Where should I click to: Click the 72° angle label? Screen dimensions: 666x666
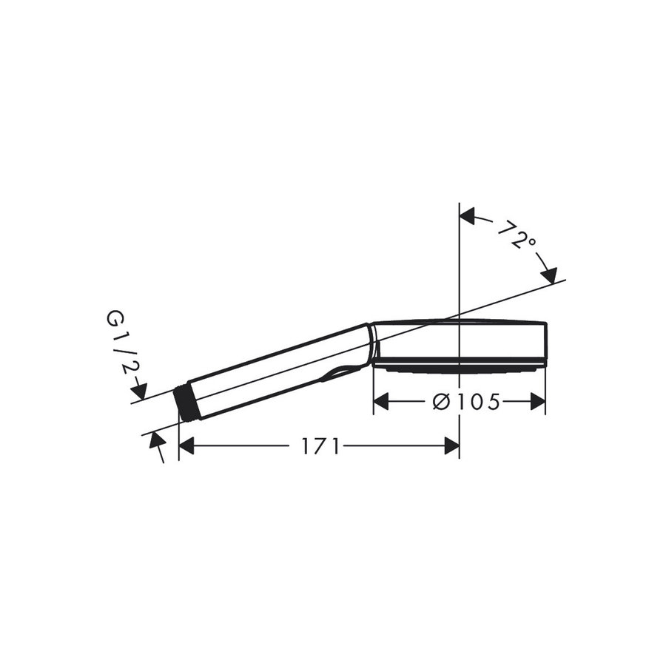click(x=516, y=236)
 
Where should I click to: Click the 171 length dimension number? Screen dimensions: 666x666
click(x=320, y=446)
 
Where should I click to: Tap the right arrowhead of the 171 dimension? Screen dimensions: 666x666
click(x=451, y=445)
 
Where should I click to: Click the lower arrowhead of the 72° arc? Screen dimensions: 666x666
click(x=548, y=275)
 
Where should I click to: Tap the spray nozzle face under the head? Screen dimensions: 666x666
click(x=459, y=366)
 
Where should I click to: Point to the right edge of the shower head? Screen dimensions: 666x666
click(x=546, y=344)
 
